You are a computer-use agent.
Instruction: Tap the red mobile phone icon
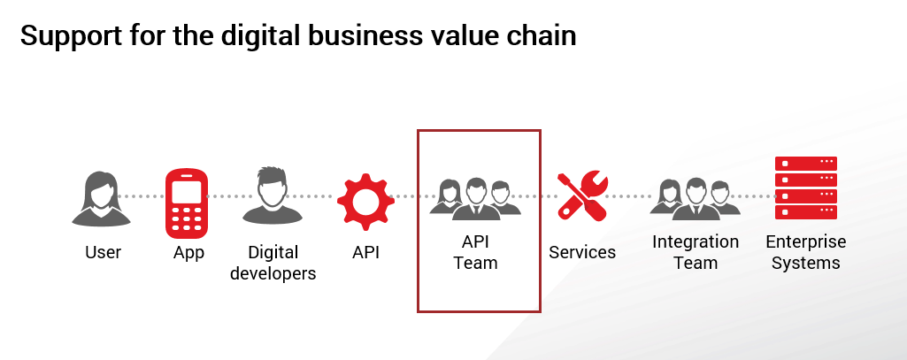click(x=186, y=203)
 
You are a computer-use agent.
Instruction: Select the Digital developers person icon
click(x=272, y=196)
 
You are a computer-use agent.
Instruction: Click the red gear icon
click(x=365, y=202)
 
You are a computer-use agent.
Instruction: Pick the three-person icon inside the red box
click(x=475, y=199)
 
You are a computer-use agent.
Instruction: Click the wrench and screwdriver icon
click(x=582, y=196)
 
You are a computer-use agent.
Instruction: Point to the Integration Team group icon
click(x=695, y=199)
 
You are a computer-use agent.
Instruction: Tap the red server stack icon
click(x=806, y=188)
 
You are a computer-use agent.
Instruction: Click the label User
click(x=103, y=252)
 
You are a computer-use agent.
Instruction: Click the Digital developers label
click(x=273, y=263)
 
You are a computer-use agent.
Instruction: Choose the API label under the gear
click(x=365, y=252)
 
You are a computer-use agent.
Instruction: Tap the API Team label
click(x=475, y=252)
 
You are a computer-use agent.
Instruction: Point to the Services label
click(x=582, y=252)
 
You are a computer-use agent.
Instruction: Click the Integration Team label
click(x=696, y=252)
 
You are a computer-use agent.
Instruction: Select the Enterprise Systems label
click(x=806, y=252)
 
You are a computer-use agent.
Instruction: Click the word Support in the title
click(x=71, y=37)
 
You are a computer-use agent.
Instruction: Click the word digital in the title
click(x=261, y=37)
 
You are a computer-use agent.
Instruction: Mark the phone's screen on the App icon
click(x=186, y=192)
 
